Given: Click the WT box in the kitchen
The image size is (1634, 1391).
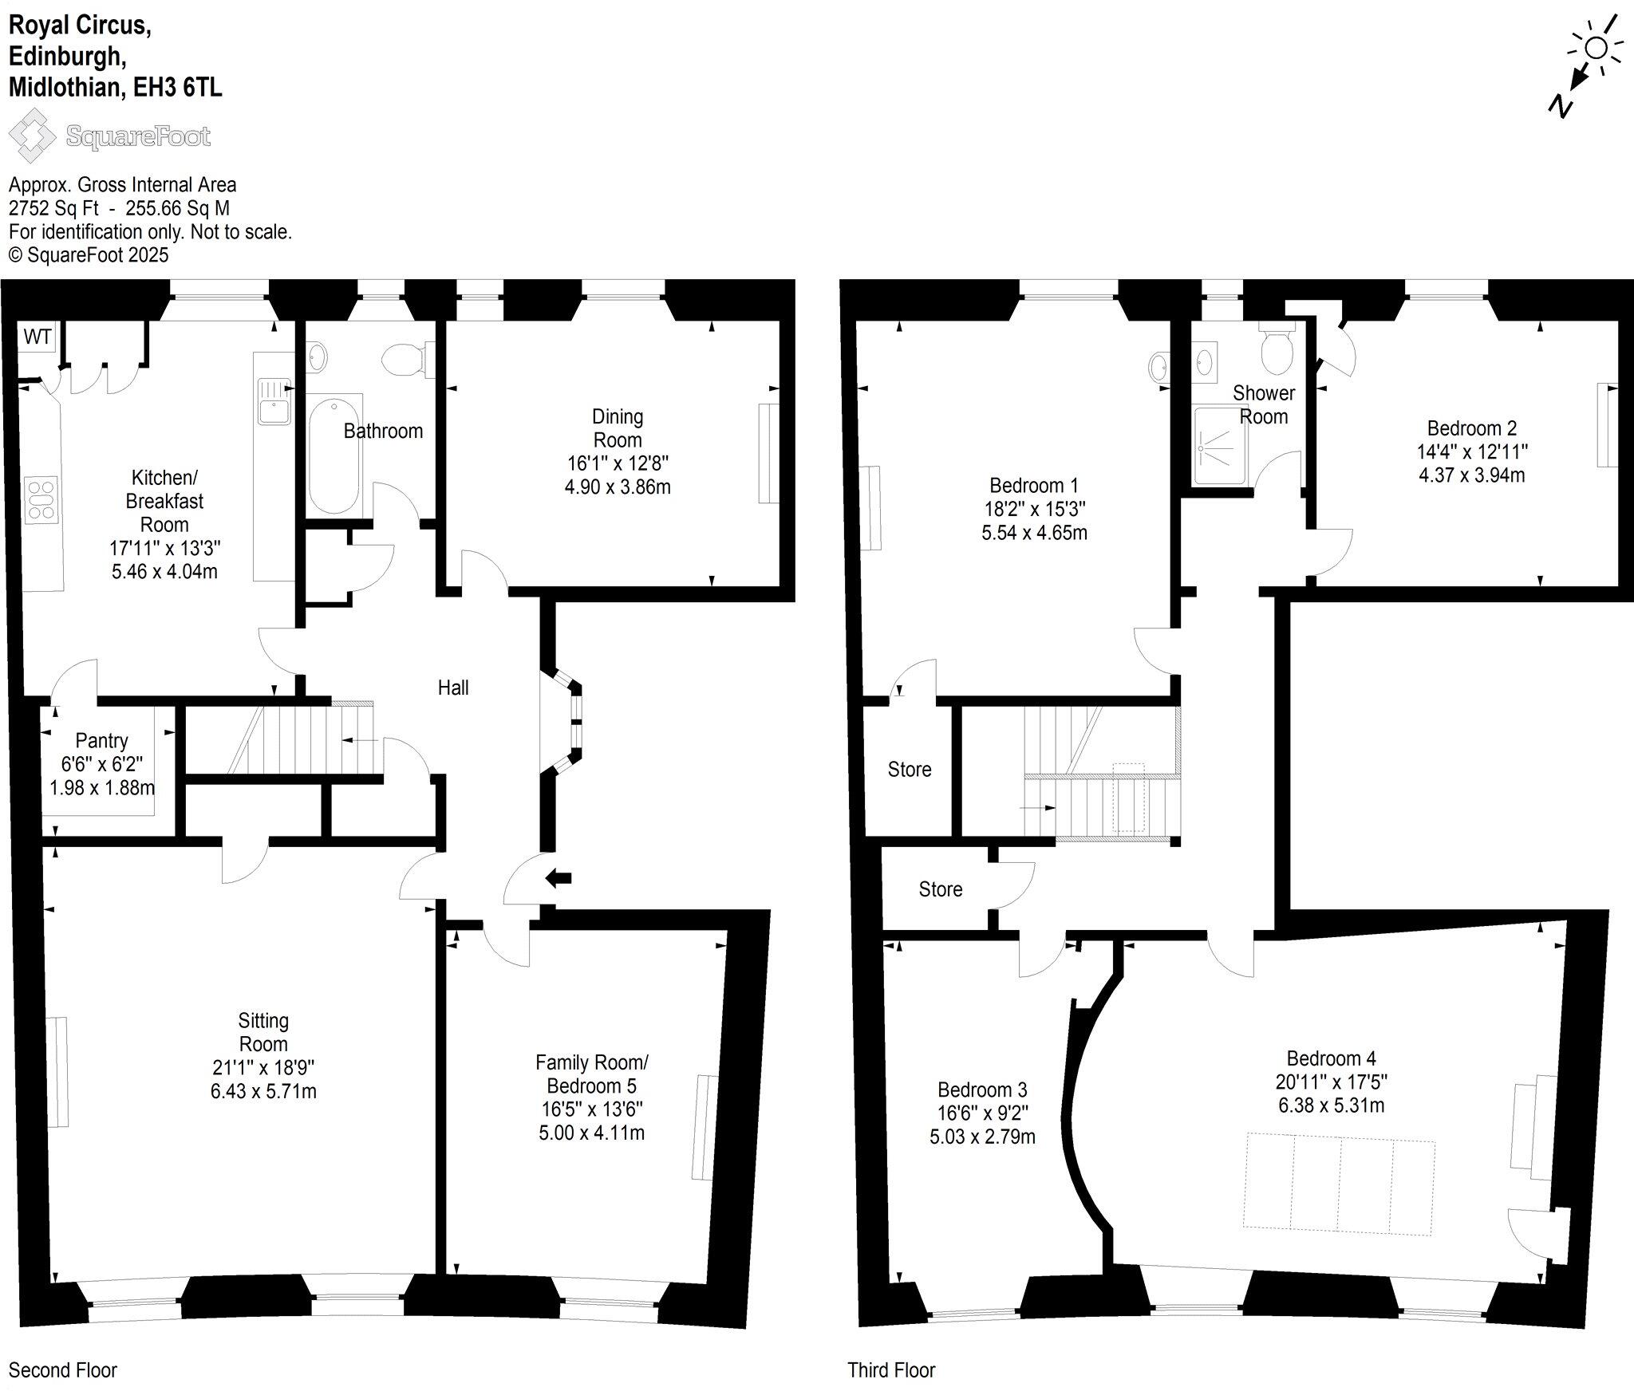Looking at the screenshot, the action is coord(37,337).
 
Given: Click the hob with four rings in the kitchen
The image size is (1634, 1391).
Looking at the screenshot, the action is coord(41,499).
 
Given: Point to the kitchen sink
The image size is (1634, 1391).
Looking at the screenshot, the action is coord(271,401).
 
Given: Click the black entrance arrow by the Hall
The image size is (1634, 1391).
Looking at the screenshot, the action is coord(558,878).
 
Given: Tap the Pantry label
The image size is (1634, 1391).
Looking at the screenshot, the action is coord(101,741).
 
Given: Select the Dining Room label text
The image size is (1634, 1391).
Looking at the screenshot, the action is coord(618,428).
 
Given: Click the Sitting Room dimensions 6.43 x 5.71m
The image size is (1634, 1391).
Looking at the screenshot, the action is coord(263,1091).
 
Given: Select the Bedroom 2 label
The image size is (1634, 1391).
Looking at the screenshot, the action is coord(1472,428).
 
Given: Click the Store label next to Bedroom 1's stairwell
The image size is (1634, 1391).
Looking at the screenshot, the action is coord(910,769).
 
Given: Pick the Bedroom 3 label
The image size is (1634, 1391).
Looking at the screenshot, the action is coord(982,1090).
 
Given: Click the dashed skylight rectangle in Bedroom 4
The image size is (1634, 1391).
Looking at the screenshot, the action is coord(1339,1184).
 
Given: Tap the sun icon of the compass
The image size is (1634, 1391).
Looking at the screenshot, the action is coord(1596,48).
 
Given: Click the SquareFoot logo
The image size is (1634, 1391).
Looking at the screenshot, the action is coord(109,136).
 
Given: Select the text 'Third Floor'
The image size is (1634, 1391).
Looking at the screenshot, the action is coord(891,1369).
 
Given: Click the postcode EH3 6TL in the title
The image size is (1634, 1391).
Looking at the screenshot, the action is coord(177,86).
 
